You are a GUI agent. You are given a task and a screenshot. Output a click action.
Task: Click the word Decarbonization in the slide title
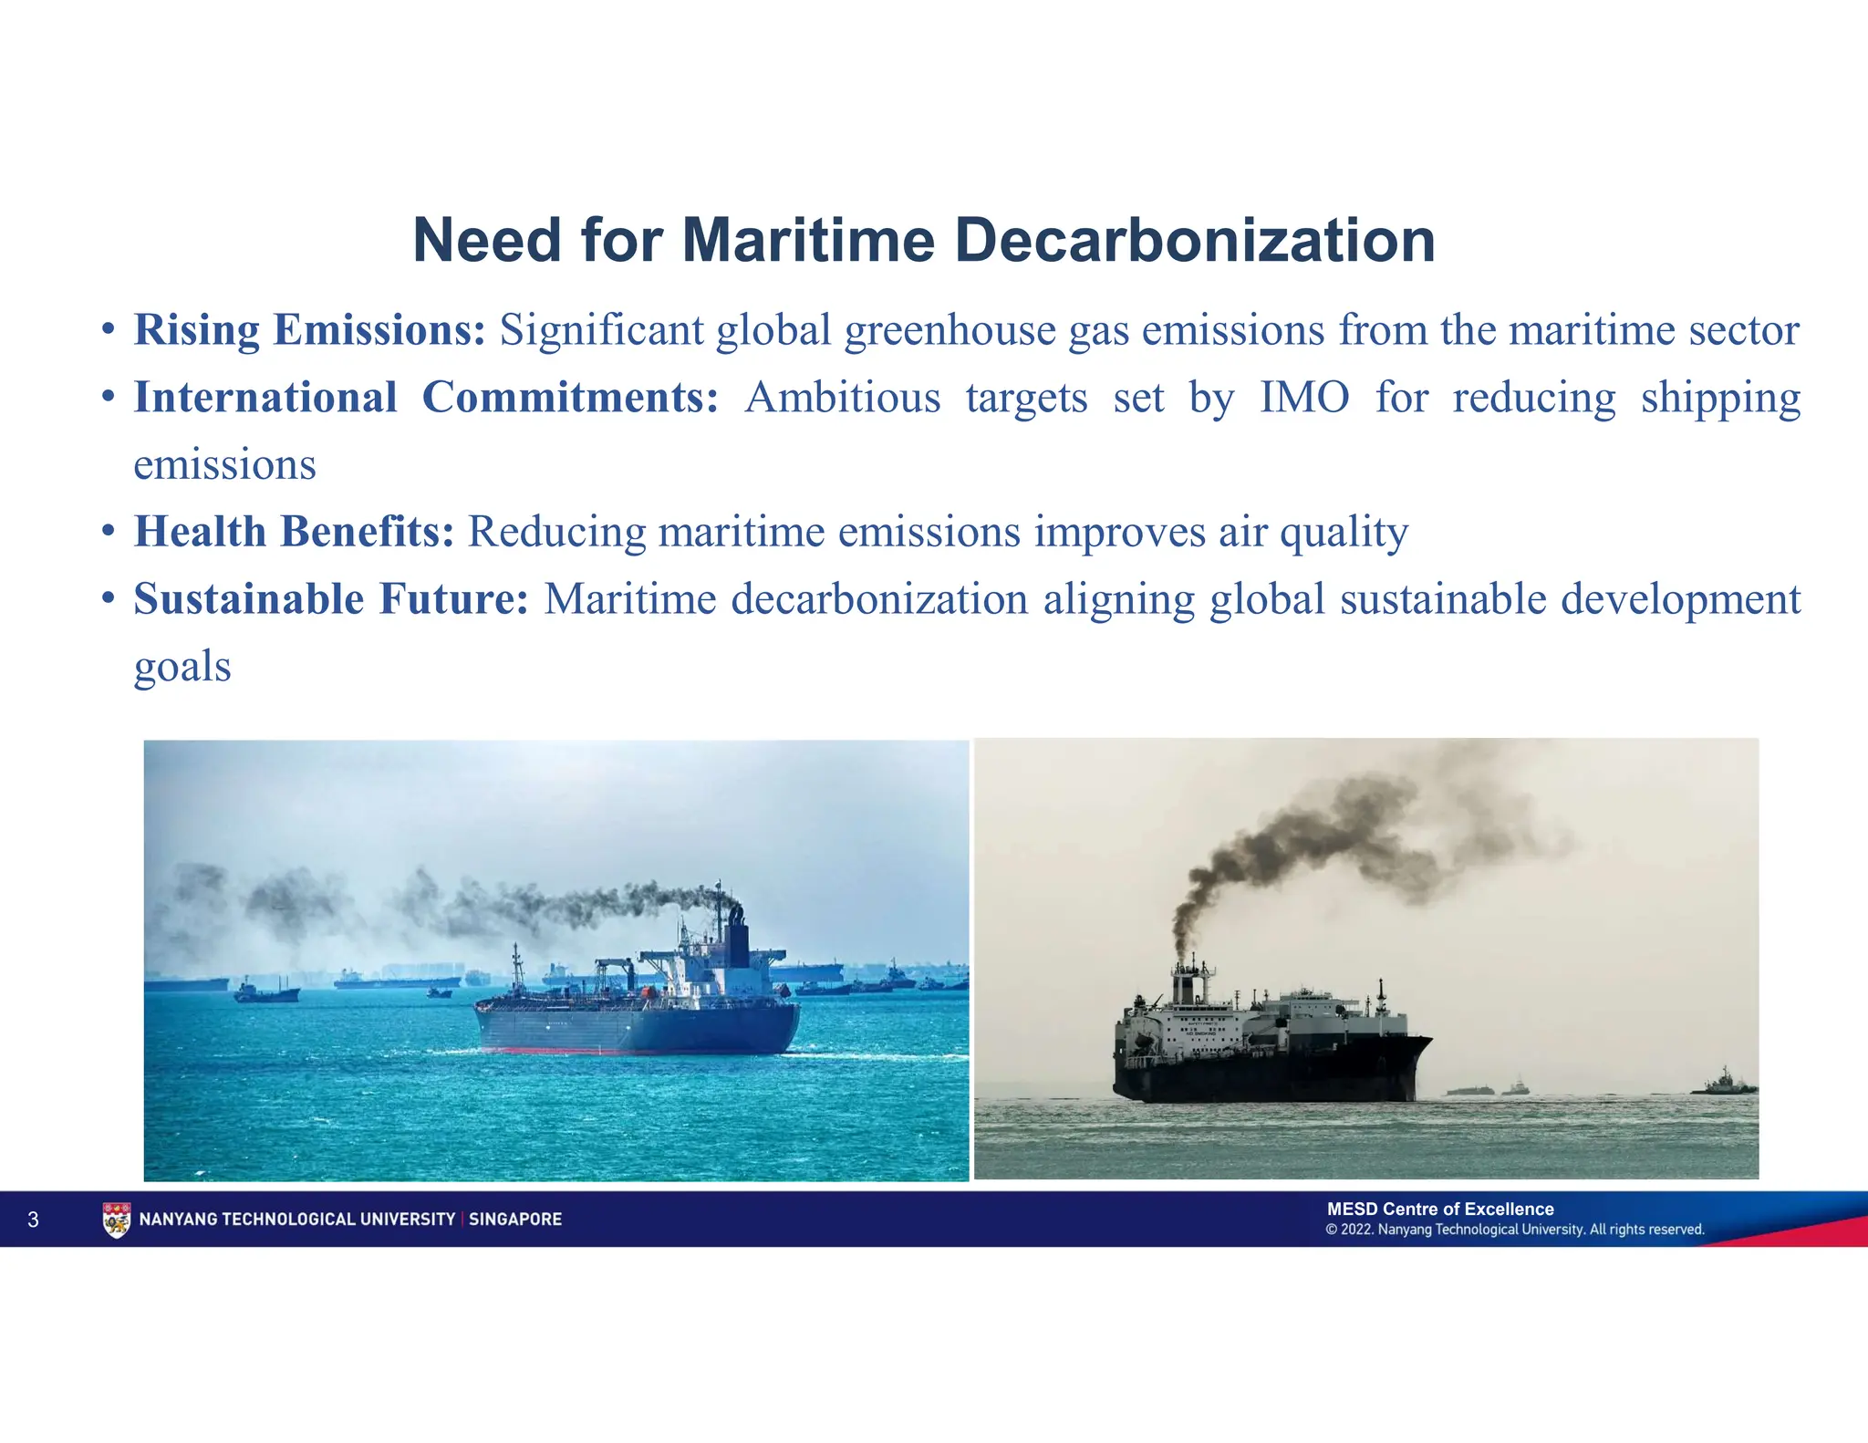(x=1195, y=241)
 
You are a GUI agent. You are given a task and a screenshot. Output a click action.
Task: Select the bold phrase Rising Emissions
(x=310, y=330)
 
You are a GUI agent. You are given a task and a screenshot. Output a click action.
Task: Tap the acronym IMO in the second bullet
(x=1304, y=398)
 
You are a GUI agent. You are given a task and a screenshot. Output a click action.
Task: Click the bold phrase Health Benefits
(x=295, y=532)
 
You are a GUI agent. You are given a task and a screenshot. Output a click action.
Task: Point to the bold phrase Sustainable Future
(x=331, y=599)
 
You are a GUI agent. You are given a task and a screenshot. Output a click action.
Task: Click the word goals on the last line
(x=182, y=667)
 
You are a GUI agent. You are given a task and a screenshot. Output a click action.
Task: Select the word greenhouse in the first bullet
(x=950, y=330)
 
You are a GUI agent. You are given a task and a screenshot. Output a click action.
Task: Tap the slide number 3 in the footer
(x=34, y=1220)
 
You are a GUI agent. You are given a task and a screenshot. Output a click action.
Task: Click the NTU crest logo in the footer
(x=117, y=1220)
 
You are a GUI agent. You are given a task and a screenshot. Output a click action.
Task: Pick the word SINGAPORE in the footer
(x=515, y=1220)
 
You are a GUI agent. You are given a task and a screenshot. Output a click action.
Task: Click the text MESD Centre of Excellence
(x=1440, y=1209)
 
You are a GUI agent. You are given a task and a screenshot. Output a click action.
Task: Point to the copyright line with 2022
(x=1515, y=1230)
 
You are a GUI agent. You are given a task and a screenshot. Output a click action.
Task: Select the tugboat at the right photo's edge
(x=1723, y=1083)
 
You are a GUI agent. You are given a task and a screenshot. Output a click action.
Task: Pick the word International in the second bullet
(x=265, y=398)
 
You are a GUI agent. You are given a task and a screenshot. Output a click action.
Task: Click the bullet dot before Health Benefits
(x=109, y=532)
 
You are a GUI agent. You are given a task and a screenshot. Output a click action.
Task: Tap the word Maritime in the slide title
(x=808, y=241)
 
